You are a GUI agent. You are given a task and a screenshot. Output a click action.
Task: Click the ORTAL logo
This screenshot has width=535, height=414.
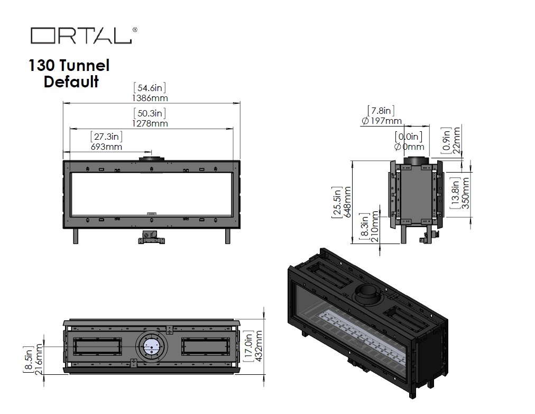click(x=84, y=35)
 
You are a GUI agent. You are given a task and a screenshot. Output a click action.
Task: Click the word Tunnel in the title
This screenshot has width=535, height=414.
click(x=84, y=65)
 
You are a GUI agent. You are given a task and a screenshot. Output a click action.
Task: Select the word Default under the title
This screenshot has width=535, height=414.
click(x=71, y=82)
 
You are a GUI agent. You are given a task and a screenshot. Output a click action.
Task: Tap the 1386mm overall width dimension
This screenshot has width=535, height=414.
click(x=150, y=98)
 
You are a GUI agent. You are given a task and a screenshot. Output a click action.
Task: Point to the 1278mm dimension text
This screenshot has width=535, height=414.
click(x=150, y=123)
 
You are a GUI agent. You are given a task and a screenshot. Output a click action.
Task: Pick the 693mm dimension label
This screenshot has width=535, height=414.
click(x=106, y=147)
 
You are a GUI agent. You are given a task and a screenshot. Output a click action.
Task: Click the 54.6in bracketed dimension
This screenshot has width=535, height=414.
click(x=150, y=88)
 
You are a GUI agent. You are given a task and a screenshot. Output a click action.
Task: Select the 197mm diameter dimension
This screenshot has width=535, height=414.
click(x=382, y=121)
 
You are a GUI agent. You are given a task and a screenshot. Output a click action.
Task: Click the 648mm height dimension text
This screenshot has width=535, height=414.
click(x=347, y=202)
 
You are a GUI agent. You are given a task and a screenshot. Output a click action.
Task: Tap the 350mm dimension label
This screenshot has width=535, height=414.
click(x=465, y=193)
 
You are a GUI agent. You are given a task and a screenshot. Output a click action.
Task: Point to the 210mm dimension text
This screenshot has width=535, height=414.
click(x=375, y=227)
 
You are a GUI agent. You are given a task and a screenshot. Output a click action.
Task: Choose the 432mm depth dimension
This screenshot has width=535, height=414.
click(x=259, y=346)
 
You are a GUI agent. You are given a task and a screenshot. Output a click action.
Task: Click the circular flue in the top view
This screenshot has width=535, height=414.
click(x=152, y=347)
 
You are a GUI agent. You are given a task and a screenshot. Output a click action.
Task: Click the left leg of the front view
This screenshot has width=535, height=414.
click(x=76, y=236)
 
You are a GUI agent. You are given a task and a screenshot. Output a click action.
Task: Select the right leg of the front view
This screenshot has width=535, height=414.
click(x=227, y=236)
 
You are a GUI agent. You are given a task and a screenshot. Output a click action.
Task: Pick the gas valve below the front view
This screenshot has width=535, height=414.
click(x=152, y=237)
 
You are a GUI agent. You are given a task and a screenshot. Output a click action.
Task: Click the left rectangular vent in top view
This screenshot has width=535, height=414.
click(x=98, y=346)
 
